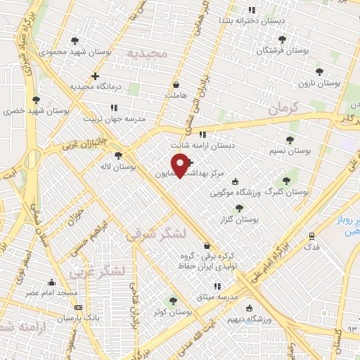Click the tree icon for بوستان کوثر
point(174,300)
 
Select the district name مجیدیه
point(147,53)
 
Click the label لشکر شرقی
point(156,234)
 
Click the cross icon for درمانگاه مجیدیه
point(95,76)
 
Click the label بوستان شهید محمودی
point(62,52)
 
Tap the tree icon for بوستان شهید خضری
point(36,100)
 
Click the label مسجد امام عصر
point(52,292)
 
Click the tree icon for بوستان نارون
point(319,71)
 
